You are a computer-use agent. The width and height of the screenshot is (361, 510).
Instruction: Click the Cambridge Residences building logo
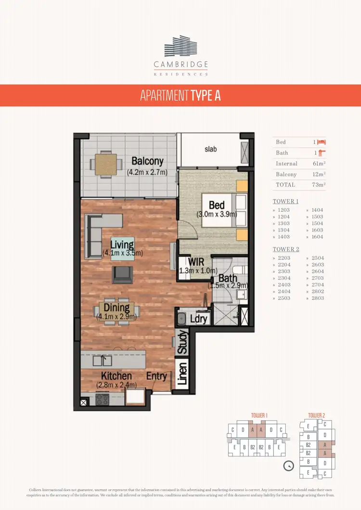180,46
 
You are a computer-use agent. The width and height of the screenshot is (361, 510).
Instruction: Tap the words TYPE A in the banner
206,95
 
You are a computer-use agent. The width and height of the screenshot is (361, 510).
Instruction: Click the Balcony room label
147,162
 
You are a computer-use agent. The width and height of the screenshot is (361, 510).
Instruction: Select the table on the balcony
105,164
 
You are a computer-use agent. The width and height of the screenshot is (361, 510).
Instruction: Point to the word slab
210,149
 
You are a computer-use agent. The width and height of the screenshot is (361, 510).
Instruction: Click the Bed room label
217,205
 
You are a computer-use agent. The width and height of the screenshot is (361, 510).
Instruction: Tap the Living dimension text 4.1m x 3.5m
122,253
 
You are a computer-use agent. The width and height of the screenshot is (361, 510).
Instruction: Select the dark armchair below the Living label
122,275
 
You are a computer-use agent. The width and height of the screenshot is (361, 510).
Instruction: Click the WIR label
196,262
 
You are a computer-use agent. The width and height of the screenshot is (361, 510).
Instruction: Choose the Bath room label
227,278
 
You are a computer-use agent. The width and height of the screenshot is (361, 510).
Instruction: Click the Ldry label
198,319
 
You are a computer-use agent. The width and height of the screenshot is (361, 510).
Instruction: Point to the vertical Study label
182,342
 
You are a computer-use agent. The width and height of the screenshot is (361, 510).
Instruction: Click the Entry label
156,376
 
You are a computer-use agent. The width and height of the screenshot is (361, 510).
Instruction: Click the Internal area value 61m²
319,164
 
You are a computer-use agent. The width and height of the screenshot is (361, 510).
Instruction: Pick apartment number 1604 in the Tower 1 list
317,237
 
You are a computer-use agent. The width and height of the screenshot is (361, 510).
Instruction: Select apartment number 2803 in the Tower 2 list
317,298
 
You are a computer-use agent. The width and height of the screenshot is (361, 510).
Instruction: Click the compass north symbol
289,466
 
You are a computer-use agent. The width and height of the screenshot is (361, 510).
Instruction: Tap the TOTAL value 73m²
318,185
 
